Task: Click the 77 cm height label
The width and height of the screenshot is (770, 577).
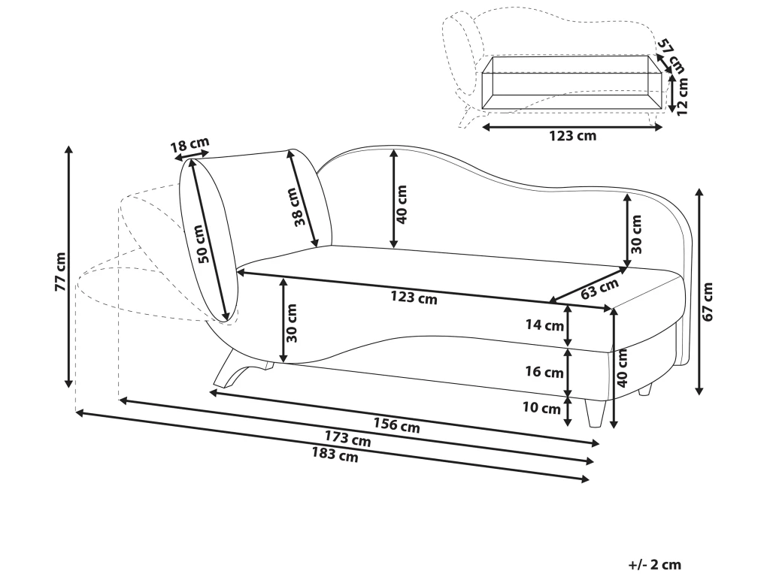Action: coord(60,271)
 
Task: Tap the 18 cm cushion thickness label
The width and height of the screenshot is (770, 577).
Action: coord(189,145)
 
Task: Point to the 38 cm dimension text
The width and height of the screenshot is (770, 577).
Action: coord(298,207)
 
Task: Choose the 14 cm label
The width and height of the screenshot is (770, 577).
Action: coord(544,326)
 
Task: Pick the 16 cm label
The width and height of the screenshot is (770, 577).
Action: coord(544,372)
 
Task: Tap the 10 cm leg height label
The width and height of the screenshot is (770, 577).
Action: coord(541,409)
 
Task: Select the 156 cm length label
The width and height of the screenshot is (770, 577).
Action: coord(397,425)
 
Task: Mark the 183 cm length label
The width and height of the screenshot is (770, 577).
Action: coord(335,455)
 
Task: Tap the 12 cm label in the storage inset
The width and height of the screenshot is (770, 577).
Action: coord(682,95)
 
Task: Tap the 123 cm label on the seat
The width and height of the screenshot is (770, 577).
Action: coord(414,298)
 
